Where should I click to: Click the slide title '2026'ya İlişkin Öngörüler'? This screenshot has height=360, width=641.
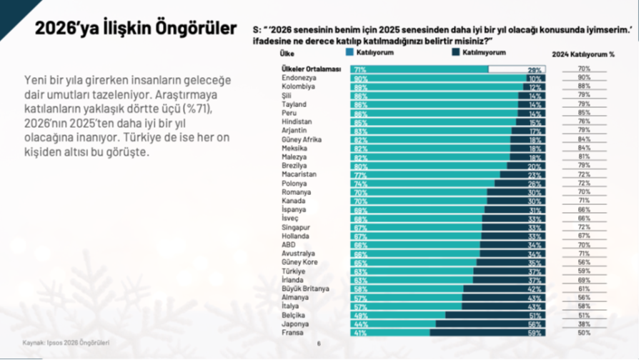[x=136, y=29]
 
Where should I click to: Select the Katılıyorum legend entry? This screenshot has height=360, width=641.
[x=370, y=53]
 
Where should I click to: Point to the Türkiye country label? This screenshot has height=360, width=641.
[x=294, y=271]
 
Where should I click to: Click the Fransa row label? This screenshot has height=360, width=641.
[x=292, y=332]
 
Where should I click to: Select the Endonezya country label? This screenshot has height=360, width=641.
[x=299, y=78]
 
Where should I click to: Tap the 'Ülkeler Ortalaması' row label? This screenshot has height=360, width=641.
[x=309, y=69]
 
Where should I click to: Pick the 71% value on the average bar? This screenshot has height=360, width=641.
[x=359, y=69]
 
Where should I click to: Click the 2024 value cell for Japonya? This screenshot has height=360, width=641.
[x=584, y=324]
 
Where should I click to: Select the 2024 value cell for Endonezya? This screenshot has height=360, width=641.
[x=584, y=78]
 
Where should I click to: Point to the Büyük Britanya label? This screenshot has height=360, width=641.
[x=305, y=289]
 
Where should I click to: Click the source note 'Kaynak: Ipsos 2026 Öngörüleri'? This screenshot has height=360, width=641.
[x=66, y=342]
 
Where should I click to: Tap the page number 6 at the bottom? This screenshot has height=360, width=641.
[x=319, y=343]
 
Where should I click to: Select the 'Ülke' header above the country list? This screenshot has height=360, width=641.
[x=287, y=54]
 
